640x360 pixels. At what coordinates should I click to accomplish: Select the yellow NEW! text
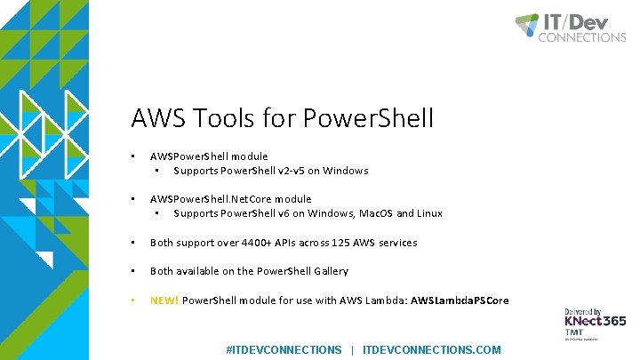164,300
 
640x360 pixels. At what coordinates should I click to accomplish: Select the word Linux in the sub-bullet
429,213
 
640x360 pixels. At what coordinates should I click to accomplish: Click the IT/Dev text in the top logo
583,22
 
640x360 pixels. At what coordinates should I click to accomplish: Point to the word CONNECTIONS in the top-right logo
581,37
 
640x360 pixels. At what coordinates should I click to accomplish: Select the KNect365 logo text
594,321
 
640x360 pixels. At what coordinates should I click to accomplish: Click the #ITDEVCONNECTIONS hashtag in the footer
284,350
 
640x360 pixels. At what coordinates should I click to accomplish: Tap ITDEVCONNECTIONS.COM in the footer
432,350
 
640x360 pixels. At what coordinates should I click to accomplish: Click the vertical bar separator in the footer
352,350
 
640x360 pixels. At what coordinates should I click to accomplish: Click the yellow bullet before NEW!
132,300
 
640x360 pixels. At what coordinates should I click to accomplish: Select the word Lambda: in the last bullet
387,300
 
